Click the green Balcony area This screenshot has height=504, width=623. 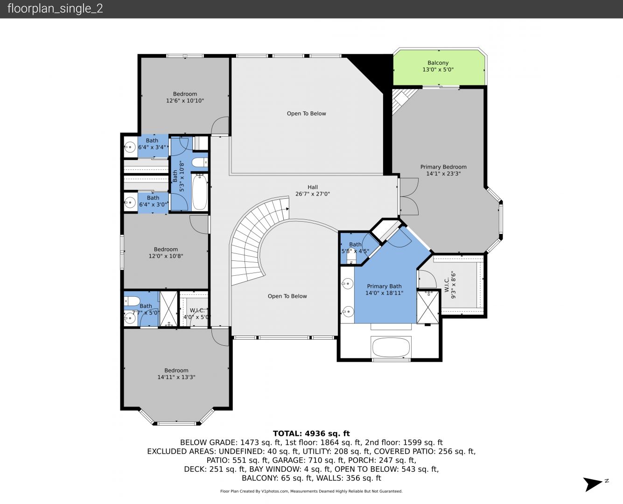pyautogui.click(x=438, y=68)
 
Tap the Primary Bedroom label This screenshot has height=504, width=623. pyautogui.click(x=443, y=170)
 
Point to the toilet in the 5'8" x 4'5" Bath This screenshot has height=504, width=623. pyautogui.click(x=351, y=256)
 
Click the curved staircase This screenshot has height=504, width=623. pyautogui.click(x=258, y=240)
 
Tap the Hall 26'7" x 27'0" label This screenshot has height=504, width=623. pyautogui.click(x=313, y=190)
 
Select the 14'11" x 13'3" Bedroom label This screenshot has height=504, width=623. pyautogui.click(x=176, y=373)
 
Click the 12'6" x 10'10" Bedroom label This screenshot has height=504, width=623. pyautogui.click(x=185, y=97)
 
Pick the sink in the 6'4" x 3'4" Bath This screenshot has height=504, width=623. pyautogui.click(x=130, y=147)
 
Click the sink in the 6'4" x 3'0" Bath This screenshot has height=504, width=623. pyautogui.click(x=130, y=202)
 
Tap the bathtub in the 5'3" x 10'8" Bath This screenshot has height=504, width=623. pyautogui.click(x=200, y=192)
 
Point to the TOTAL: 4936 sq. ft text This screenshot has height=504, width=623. pyautogui.click(x=311, y=433)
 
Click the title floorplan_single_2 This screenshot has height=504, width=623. pyautogui.click(x=55, y=8)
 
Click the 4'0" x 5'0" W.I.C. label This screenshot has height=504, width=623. pyautogui.click(x=197, y=314)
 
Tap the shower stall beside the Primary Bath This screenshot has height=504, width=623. pyautogui.click(x=428, y=307)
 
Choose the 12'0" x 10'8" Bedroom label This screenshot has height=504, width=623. pyautogui.click(x=166, y=252)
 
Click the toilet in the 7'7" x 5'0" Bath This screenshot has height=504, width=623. pyautogui.click(x=132, y=301)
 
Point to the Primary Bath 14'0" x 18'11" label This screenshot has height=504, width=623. pyautogui.click(x=385, y=289)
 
